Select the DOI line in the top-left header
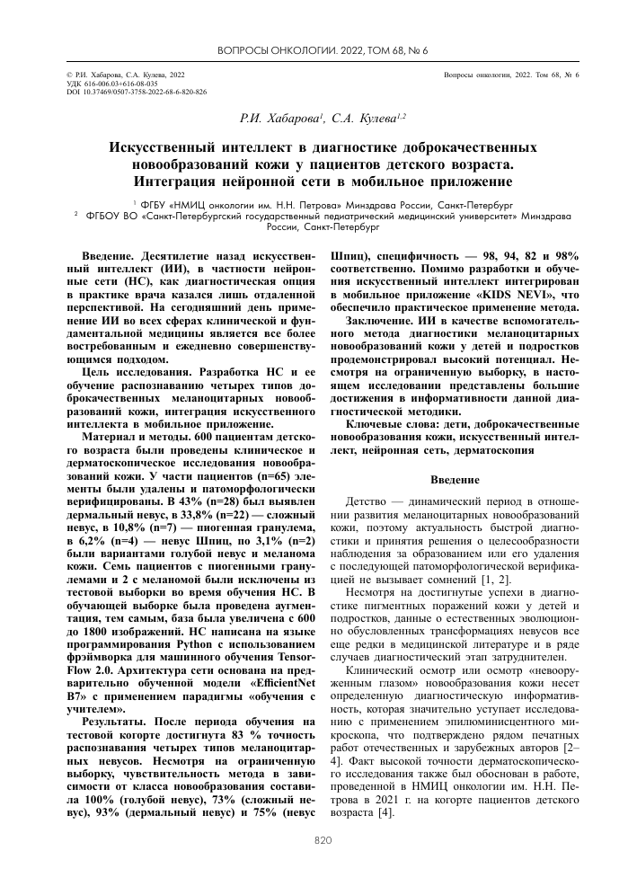(125, 92)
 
